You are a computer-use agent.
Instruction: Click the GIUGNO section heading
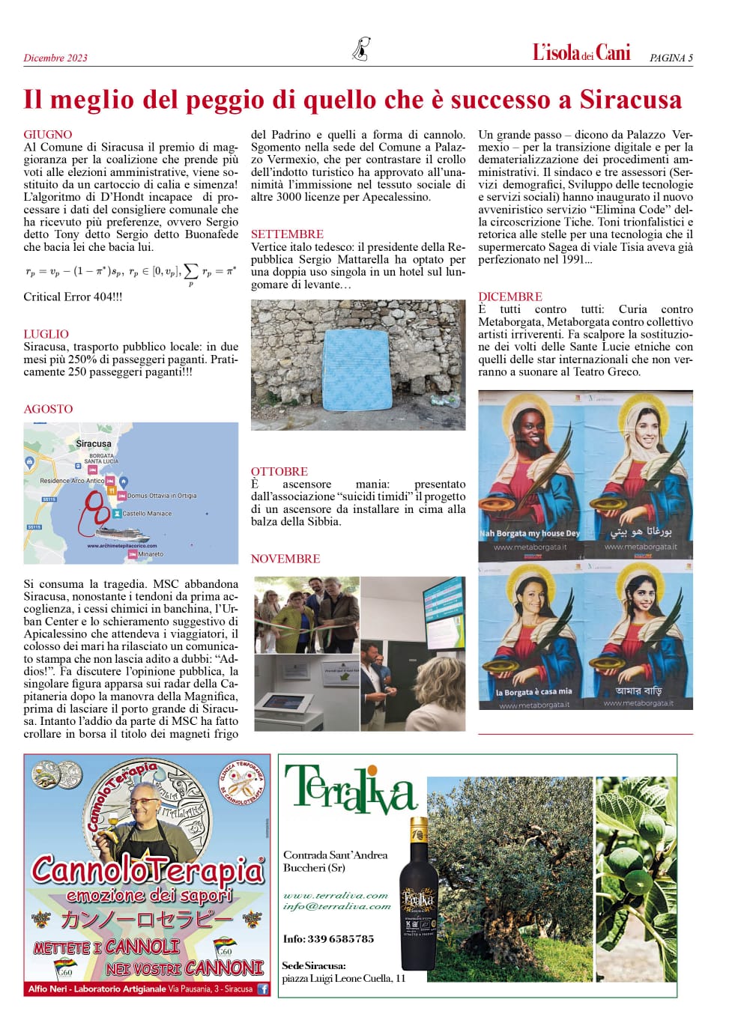click(48, 135)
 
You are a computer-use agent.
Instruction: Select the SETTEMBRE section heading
click(287, 234)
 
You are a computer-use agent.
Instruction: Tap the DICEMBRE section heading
click(510, 297)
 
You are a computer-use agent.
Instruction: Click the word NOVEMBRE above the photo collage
click(285, 559)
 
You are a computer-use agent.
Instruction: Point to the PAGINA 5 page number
click(671, 58)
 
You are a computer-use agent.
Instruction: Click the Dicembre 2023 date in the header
click(55, 58)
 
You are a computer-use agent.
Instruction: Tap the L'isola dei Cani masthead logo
click(581, 52)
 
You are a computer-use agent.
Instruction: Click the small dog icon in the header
click(362, 49)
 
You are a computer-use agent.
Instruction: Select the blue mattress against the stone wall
click(356, 371)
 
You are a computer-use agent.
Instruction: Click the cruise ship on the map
click(121, 533)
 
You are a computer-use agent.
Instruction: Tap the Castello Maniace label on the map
click(147, 514)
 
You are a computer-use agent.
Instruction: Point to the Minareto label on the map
click(150, 554)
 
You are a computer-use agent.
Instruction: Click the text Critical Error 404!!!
click(73, 297)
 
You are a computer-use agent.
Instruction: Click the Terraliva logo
click(350, 789)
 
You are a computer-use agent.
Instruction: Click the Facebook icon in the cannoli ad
click(263, 989)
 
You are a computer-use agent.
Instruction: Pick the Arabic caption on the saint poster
click(641, 532)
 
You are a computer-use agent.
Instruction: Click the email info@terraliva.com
click(337, 906)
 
